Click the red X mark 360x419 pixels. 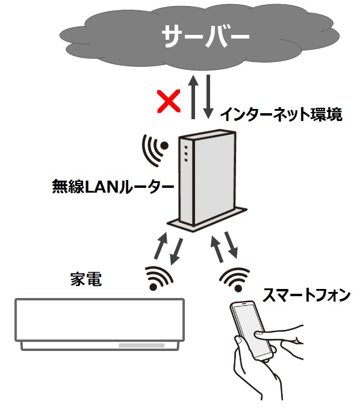pyautogui.click(x=169, y=101)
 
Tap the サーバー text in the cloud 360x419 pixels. pyautogui.click(x=205, y=36)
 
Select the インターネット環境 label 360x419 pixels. pyautogui.click(x=281, y=114)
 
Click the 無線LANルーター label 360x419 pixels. pyautogui.click(x=113, y=187)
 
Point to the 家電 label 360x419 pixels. pyautogui.click(x=86, y=279)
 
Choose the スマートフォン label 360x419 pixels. pyautogui.click(x=306, y=295)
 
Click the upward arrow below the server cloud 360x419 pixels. pyautogui.click(x=193, y=97)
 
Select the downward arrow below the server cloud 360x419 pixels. pyautogui.click(x=208, y=97)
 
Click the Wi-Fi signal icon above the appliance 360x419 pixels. pyautogui.click(x=160, y=278)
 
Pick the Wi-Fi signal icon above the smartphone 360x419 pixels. pyautogui.click(x=235, y=279)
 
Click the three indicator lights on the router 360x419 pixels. pyautogui.click(x=186, y=154)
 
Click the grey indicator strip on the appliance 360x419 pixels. pyautogui.click(x=141, y=346)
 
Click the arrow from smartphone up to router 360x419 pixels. pyautogui.click(x=217, y=249)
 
